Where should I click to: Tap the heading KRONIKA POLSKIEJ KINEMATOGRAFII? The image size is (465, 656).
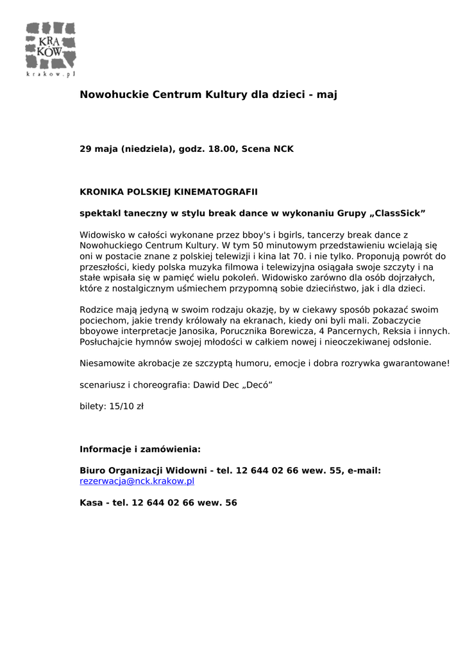coord(169,192)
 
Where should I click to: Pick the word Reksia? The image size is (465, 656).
coord(397,332)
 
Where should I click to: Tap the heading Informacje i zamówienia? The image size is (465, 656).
coord(140,449)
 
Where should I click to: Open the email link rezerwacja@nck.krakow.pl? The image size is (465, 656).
coord(137,480)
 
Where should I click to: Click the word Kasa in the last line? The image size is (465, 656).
coord(91,503)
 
